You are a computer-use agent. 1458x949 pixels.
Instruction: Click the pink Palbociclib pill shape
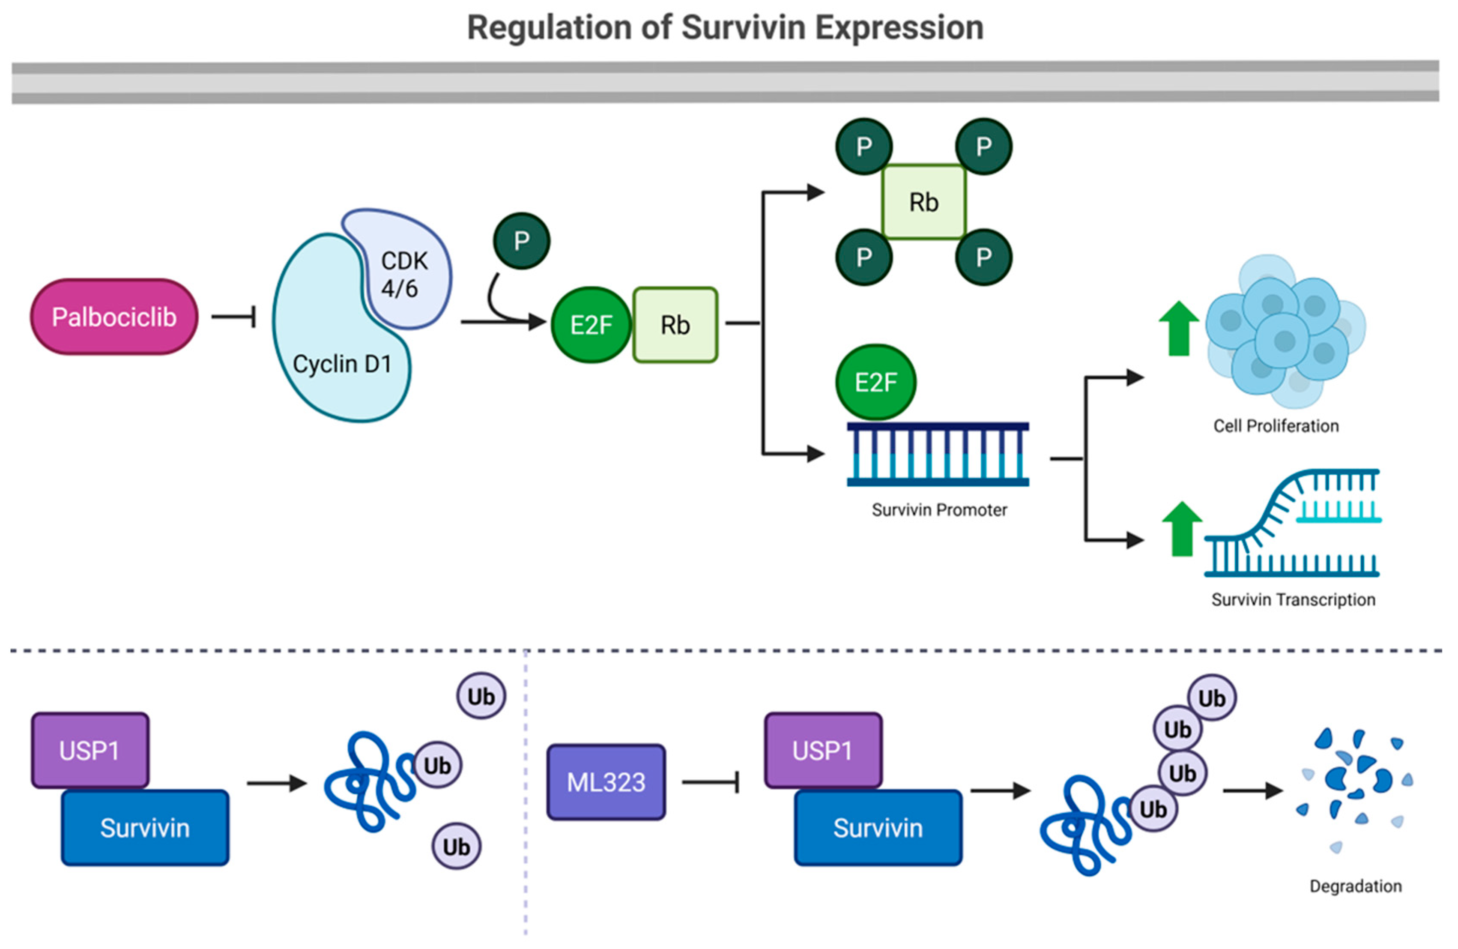tap(114, 317)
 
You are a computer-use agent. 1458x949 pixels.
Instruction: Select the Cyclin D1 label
tap(342, 364)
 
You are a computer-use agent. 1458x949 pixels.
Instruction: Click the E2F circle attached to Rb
tap(591, 325)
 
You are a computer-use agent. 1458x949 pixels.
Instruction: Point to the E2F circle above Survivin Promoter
tap(875, 382)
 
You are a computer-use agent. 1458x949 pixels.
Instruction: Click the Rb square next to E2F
tap(675, 325)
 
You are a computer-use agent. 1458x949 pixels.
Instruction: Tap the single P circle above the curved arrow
tap(521, 241)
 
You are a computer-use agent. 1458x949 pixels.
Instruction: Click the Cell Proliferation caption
tap(1276, 426)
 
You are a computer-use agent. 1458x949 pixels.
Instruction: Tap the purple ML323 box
tap(606, 782)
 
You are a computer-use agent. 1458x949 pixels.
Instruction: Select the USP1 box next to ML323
tap(823, 750)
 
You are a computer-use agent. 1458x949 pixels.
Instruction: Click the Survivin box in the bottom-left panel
tap(145, 828)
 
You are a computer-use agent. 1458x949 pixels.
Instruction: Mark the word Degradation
tap(1355, 886)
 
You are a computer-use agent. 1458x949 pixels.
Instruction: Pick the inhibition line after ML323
tap(711, 782)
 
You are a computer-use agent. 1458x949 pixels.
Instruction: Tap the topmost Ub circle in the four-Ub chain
tap(1211, 698)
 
